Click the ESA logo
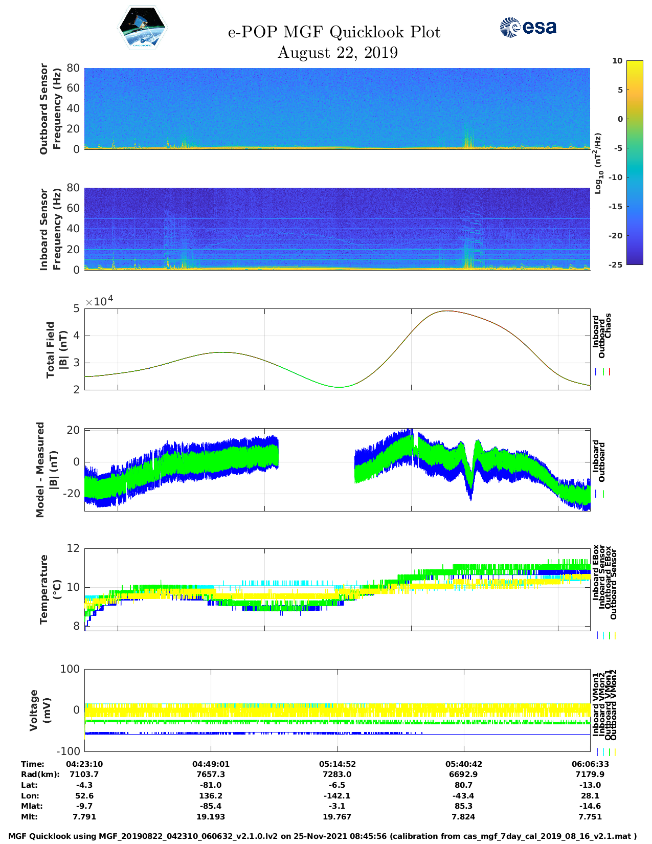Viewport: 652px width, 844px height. click(528, 28)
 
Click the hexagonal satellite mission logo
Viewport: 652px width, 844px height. click(143, 27)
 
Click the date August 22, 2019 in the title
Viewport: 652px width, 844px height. click(338, 53)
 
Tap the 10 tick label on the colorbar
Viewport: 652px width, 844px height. click(617, 61)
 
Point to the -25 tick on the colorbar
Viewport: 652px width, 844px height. click(615, 264)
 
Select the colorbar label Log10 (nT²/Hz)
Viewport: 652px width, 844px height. click(597, 163)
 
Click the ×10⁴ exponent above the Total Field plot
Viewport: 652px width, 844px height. click(99, 301)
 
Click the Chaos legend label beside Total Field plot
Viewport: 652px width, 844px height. click(608, 326)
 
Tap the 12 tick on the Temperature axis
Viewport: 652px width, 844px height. click(74, 548)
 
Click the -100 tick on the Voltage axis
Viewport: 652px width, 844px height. click(69, 751)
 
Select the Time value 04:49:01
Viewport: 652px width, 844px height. click(211, 764)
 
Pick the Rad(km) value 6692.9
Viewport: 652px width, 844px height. click(463, 774)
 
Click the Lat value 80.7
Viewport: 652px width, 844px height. click(463, 785)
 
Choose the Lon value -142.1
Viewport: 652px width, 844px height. click(338, 796)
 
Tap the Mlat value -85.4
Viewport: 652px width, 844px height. click(211, 806)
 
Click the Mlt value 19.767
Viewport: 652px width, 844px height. click(338, 817)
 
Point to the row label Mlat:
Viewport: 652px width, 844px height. click(32, 806)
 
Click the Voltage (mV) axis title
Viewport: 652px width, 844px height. click(40, 710)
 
